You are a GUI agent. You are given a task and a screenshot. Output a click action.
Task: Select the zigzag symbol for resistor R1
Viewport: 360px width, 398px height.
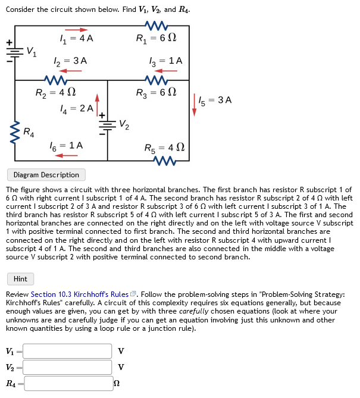pos(156,26)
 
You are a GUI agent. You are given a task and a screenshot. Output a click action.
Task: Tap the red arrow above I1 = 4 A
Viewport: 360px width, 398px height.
pos(76,30)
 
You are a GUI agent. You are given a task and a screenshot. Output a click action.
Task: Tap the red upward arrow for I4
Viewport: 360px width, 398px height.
pos(98,107)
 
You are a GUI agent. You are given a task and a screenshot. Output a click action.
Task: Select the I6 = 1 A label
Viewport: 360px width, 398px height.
pos(68,145)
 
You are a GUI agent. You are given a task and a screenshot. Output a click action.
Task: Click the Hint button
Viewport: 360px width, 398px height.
pos(20,278)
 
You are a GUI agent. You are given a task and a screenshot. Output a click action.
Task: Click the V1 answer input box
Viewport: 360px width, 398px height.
pos(68,351)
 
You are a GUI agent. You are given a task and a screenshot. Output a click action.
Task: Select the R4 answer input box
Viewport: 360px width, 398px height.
pos(68,383)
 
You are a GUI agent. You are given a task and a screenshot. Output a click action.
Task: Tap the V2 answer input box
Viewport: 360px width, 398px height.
pos(68,367)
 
